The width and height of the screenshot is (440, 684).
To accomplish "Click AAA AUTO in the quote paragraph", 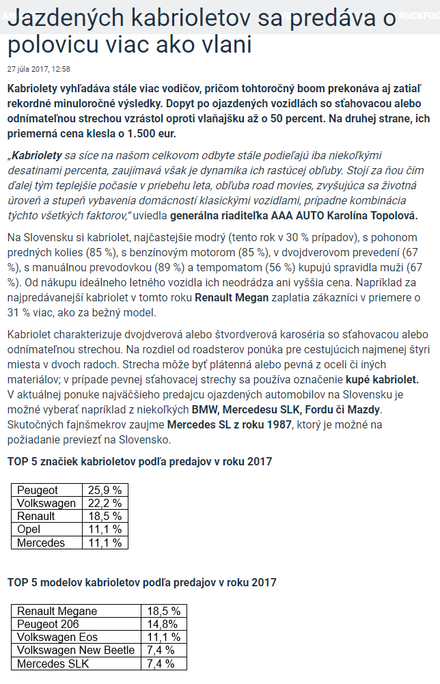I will point(299,215).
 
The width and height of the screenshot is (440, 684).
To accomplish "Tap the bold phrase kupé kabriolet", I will point(382,379).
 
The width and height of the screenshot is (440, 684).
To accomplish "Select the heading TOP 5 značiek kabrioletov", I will point(139,461).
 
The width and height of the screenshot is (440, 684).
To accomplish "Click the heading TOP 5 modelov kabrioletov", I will point(141,582).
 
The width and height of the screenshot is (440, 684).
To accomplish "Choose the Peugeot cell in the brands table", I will point(38,490).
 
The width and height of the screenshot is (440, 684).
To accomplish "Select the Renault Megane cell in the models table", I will point(57,611).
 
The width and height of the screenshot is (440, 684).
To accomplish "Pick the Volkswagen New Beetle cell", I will point(76,650).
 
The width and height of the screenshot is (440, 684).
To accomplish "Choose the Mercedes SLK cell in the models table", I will point(53,663).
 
